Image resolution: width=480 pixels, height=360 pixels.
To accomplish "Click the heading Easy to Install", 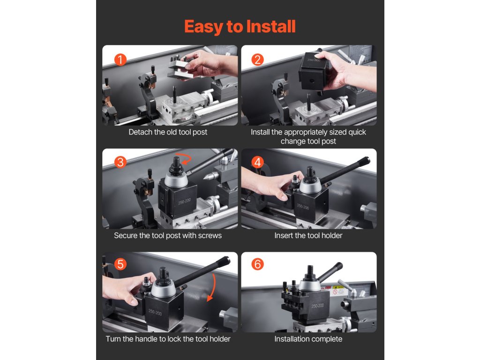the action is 240,26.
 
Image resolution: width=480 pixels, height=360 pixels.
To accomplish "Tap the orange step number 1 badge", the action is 120,60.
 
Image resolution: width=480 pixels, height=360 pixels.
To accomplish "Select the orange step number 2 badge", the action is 257,60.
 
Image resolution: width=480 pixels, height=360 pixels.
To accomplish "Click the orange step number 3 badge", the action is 120,162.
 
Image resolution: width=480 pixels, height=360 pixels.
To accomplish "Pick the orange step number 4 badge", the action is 257,162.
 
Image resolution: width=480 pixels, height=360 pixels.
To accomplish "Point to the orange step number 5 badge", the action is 120,264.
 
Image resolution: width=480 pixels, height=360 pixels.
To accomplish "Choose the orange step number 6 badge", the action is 257,264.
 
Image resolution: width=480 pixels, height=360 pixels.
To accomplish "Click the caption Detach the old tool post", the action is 168,132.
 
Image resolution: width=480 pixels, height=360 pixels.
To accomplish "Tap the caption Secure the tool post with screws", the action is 168,235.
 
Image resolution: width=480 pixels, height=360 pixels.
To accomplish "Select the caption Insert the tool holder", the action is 308,235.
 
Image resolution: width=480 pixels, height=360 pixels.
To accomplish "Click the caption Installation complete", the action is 308,339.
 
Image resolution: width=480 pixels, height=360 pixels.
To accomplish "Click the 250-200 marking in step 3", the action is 184,202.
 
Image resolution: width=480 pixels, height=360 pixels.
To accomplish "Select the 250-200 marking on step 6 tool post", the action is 317,306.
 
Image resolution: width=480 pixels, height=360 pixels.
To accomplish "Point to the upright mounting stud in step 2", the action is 309,102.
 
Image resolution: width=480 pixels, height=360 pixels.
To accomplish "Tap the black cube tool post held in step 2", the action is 313,72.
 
